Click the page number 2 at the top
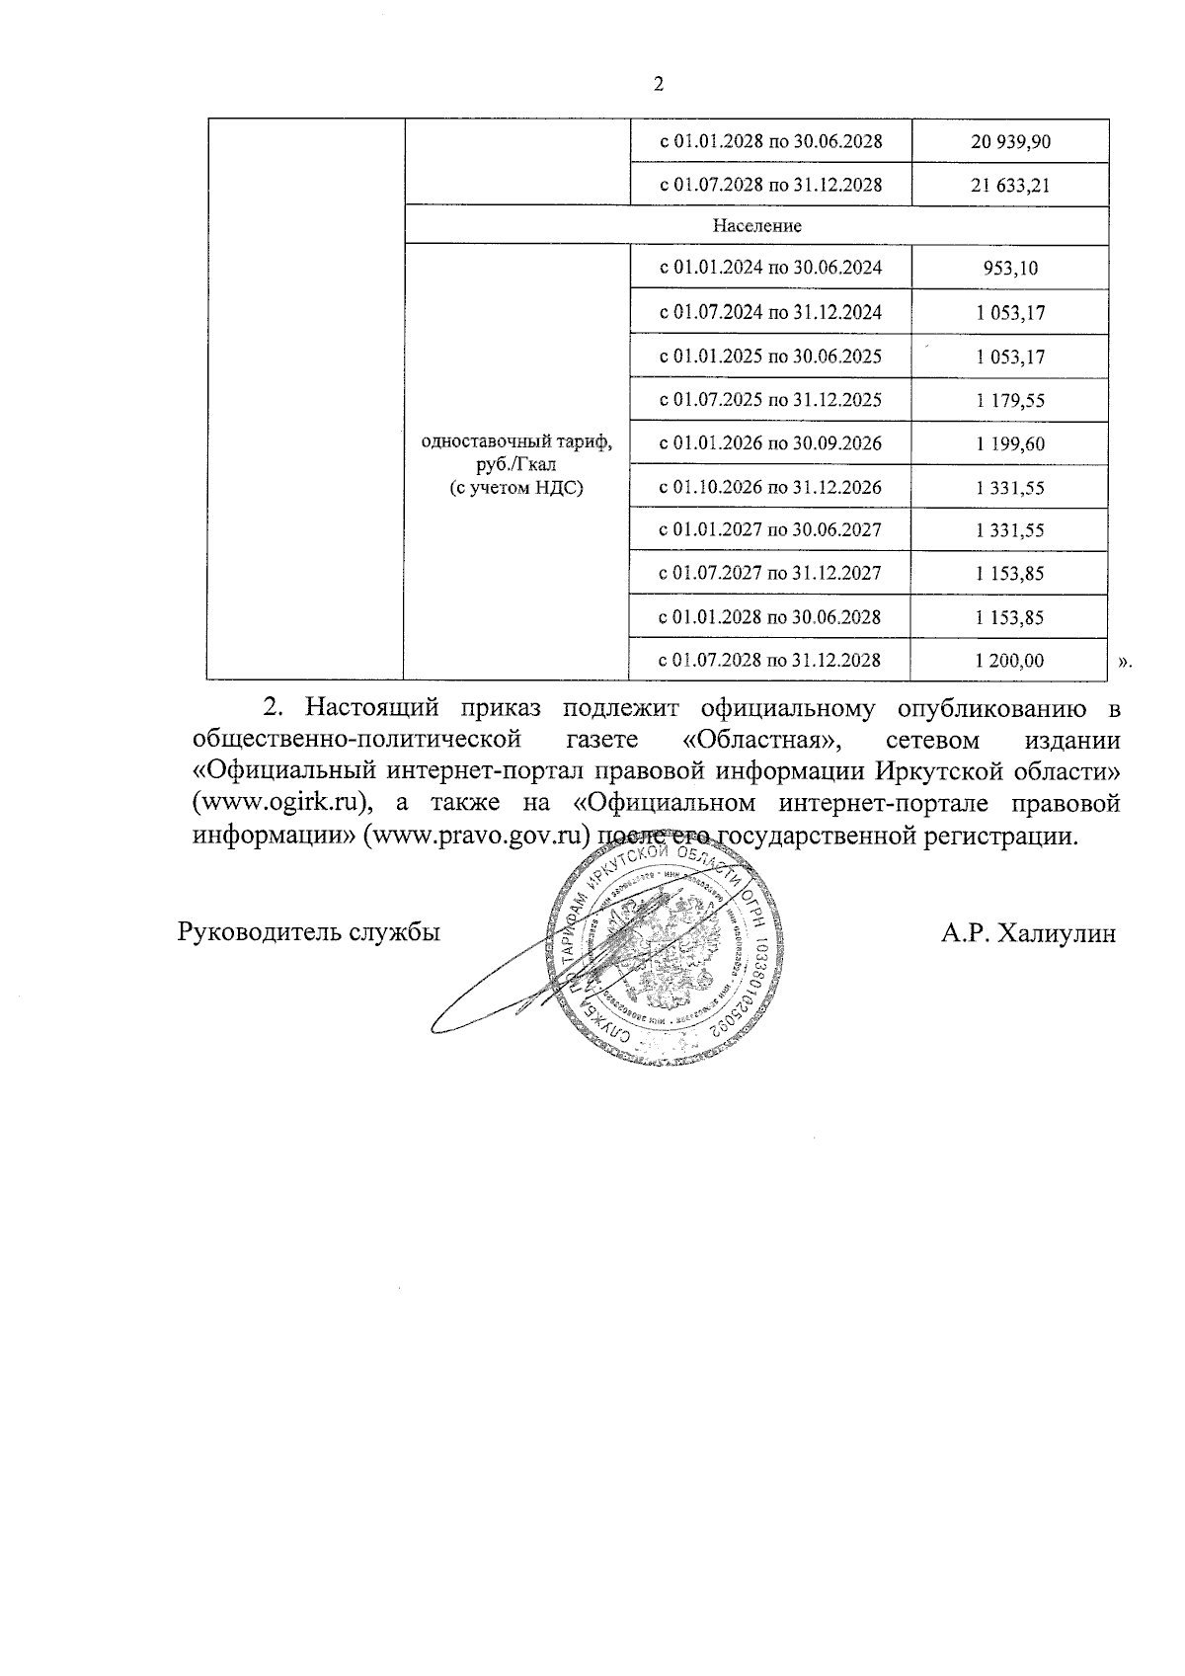point(659,84)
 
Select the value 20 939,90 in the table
point(1009,142)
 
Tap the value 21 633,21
point(1009,186)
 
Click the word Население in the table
point(757,226)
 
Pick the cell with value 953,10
point(1009,269)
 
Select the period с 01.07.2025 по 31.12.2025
point(770,400)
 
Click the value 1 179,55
point(1009,401)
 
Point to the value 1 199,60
point(1009,444)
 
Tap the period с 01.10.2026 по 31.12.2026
point(770,487)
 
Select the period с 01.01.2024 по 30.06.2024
point(770,268)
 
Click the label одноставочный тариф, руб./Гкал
point(516,453)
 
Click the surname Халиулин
point(1057,934)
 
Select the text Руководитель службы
point(308,932)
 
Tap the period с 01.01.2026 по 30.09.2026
point(770,443)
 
